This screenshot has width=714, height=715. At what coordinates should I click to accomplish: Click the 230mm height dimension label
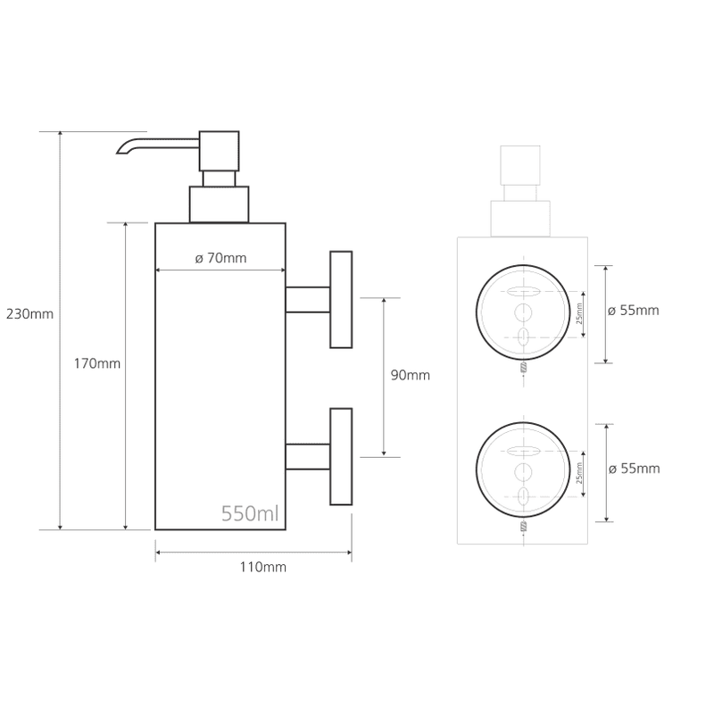(x=29, y=314)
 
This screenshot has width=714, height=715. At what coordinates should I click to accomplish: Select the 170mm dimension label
(x=97, y=363)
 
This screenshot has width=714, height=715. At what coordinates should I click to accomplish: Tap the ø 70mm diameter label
(x=220, y=258)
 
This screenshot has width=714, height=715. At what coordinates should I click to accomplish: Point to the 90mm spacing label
(x=411, y=375)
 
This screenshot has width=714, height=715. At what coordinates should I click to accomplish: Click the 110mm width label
(x=263, y=567)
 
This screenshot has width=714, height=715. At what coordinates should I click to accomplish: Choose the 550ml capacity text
(x=250, y=513)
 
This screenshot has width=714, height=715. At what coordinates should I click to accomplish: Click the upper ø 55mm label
(x=634, y=311)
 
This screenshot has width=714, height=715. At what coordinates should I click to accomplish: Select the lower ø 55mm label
(x=634, y=469)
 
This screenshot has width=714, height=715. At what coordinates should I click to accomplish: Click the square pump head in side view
(x=219, y=151)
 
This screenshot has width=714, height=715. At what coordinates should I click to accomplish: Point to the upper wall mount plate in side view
(x=341, y=300)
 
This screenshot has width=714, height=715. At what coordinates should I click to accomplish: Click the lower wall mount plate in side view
(x=341, y=456)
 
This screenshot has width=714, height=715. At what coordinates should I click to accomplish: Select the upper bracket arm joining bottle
(x=308, y=300)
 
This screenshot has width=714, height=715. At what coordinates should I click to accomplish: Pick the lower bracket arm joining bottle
(x=308, y=456)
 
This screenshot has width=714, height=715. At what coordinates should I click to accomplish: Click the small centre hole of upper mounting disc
(x=523, y=312)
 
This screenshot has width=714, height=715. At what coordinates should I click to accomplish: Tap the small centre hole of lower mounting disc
(x=523, y=471)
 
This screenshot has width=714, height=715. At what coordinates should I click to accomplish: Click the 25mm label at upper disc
(x=579, y=313)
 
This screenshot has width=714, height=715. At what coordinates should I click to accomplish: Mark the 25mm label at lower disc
(x=579, y=473)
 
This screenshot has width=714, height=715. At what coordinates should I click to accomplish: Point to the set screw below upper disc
(x=523, y=367)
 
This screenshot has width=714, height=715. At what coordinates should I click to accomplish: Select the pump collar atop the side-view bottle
(x=219, y=204)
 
